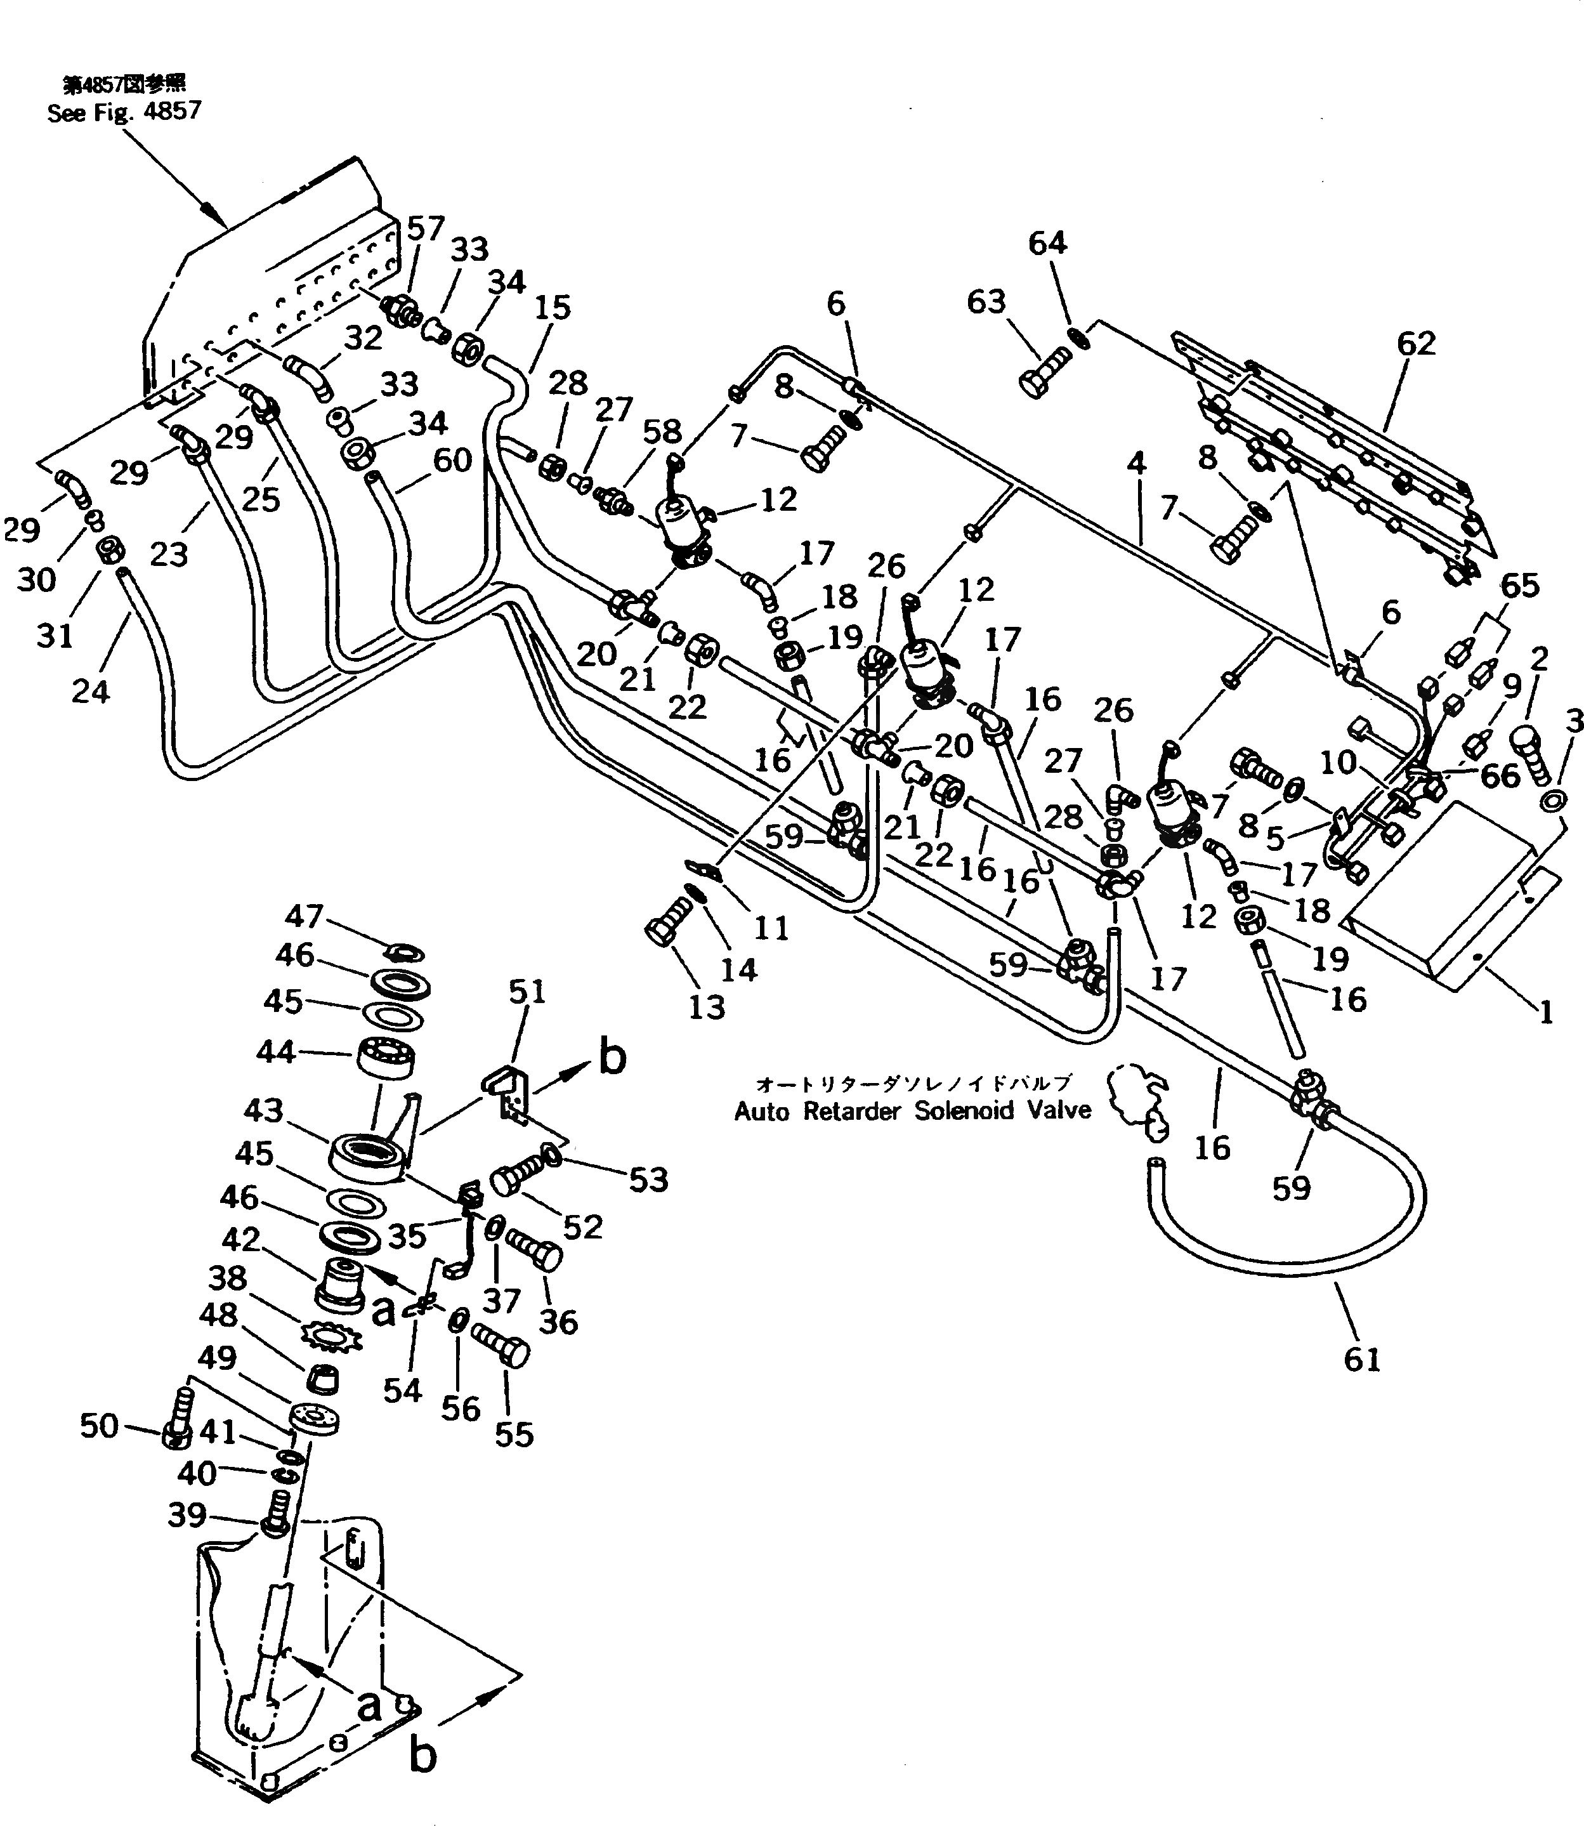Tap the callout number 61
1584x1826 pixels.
coord(1361,1358)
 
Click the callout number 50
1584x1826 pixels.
coord(99,1425)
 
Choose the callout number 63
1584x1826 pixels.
coord(986,301)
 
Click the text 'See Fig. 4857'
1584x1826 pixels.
coord(124,112)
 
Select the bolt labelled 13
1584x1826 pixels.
coord(668,922)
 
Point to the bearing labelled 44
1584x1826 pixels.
coord(387,1056)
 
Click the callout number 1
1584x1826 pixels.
coord(1545,1012)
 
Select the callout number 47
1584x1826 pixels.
coord(304,917)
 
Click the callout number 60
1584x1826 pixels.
coord(452,461)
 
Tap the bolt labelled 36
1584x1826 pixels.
coord(535,1252)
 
